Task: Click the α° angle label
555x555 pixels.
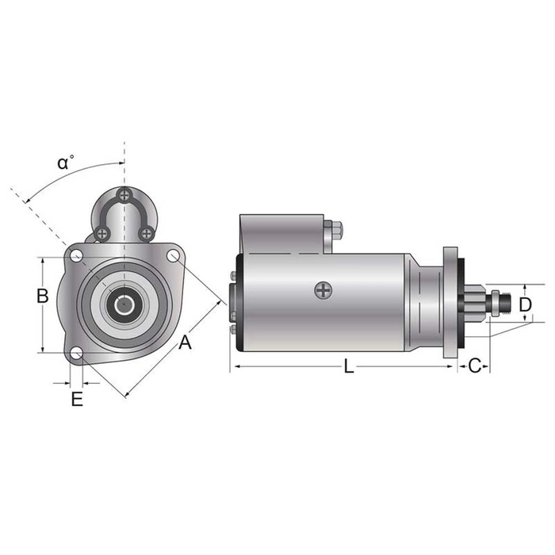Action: click(66, 163)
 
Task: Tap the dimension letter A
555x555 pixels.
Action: click(185, 343)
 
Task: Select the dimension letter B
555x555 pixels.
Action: click(43, 297)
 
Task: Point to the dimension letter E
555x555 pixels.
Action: click(76, 399)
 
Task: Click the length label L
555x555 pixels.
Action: click(350, 366)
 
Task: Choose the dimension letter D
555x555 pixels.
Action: click(525, 304)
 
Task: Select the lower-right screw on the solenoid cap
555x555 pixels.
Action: click(147, 233)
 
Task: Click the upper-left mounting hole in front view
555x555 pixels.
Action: click(76, 255)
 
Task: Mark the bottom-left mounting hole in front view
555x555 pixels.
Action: click(76, 354)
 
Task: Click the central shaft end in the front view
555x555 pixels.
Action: click(123, 304)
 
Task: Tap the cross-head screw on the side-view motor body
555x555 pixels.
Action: click(323, 290)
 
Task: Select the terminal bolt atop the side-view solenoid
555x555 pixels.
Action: click(336, 231)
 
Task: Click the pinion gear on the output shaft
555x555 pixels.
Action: click(474, 302)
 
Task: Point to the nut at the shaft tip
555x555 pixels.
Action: click(496, 303)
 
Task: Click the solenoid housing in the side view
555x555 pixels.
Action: click(281, 233)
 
